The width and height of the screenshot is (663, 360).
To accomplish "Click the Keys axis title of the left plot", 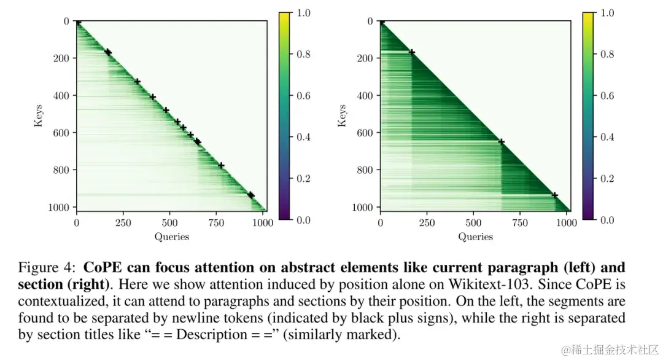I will coord(38,116).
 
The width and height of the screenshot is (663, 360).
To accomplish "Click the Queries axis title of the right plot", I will coord(476,237).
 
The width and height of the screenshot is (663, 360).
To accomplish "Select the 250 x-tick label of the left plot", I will coord(123,223).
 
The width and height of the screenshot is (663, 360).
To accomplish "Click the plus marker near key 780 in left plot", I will coord(221,165).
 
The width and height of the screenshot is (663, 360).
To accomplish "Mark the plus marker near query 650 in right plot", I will coord(501,141).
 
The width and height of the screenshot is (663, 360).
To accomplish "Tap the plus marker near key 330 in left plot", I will coord(138,81).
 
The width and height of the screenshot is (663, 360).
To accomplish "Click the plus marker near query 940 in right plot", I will coord(555,195).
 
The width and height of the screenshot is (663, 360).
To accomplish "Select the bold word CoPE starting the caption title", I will coord(101,268).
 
